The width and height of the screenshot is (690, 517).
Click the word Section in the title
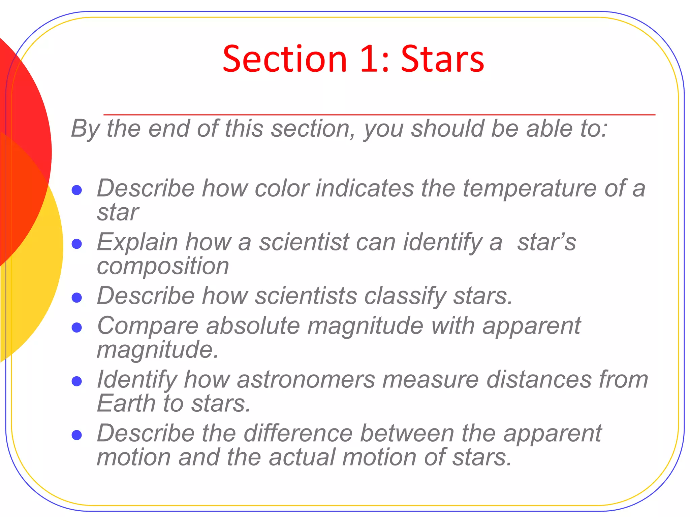(x=285, y=60)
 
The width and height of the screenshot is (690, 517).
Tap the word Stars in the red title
(x=443, y=60)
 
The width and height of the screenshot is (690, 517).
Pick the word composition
(x=163, y=266)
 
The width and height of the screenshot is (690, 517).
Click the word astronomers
(x=306, y=380)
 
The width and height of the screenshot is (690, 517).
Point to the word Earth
(x=126, y=404)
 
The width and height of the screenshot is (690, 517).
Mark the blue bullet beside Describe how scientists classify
(x=77, y=298)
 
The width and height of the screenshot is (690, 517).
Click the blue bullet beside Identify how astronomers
(x=77, y=381)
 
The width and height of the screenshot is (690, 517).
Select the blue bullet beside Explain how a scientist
(x=77, y=244)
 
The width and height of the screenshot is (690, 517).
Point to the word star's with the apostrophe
(x=546, y=242)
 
